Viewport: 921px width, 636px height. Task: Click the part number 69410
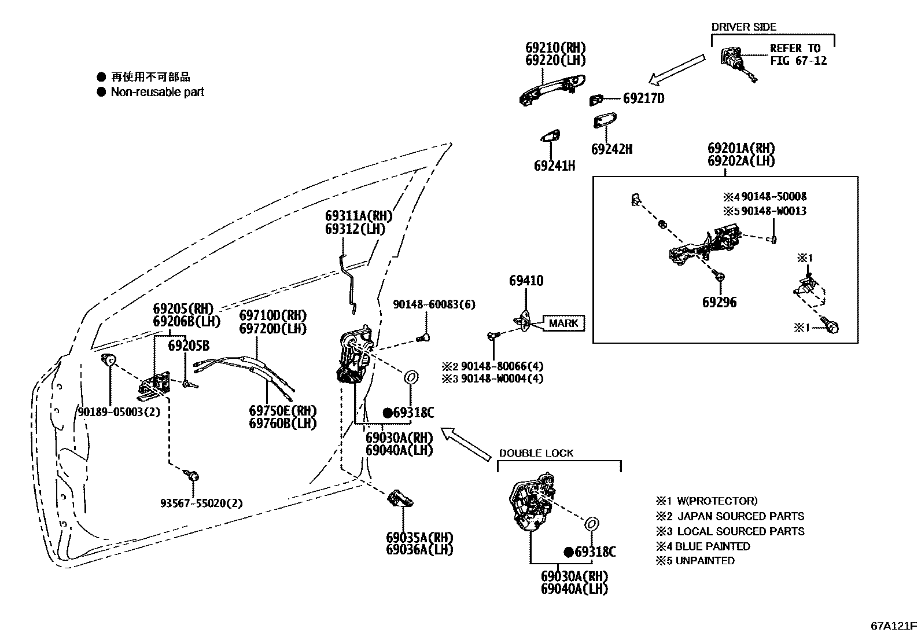point(526,281)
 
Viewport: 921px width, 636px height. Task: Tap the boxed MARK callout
point(563,323)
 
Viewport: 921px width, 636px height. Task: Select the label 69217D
point(643,98)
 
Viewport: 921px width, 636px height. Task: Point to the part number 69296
point(719,302)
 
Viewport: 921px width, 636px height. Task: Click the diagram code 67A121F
point(894,626)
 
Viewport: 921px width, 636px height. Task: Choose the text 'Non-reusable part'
point(157,91)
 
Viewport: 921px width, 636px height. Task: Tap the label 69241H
point(554,166)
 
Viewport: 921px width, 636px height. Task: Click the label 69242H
point(611,149)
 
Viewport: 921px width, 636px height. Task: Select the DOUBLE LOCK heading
point(536,453)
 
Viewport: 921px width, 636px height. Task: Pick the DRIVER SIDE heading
point(743,27)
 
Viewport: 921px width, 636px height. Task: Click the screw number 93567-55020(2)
point(201,503)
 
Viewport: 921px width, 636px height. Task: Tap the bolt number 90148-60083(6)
point(434,304)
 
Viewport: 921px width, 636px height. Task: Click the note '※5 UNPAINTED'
point(695,561)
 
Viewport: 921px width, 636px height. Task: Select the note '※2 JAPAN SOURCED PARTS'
point(730,516)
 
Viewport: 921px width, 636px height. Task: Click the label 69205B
point(189,346)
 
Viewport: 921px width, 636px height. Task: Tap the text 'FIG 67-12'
point(798,61)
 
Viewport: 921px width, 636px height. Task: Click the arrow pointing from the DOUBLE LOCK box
point(466,443)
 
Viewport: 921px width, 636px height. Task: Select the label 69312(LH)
point(355,229)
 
